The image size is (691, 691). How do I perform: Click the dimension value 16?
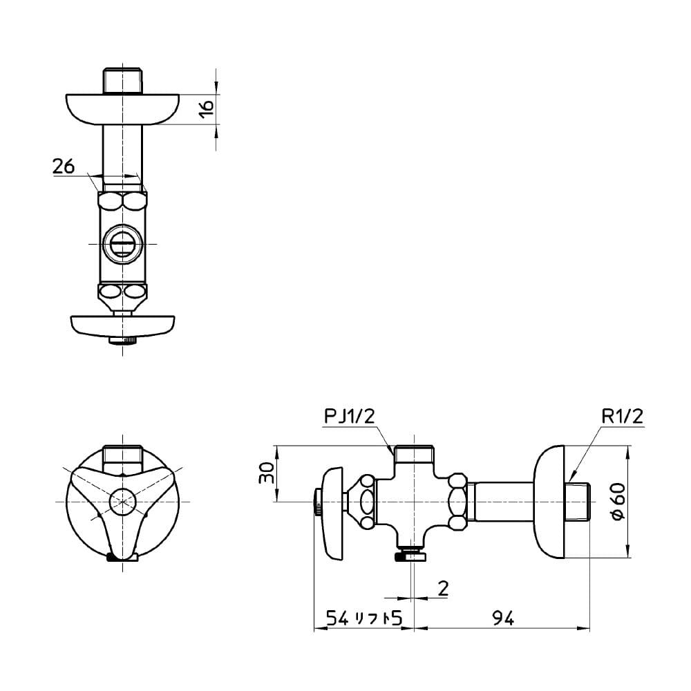tap(206, 108)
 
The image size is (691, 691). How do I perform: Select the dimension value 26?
tap(63, 166)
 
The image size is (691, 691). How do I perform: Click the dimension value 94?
tap(504, 619)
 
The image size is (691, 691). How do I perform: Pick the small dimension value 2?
tap(443, 588)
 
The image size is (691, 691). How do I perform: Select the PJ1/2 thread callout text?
tap(349, 416)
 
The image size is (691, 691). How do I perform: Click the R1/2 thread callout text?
tap(622, 416)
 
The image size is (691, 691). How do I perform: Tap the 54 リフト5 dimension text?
tap(364, 619)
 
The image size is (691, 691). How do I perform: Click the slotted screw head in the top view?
tap(123, 244)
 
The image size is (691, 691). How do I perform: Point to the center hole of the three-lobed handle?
tap(123, 500)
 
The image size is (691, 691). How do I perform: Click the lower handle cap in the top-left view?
tap(123, 326)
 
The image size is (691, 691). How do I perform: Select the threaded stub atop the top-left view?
tap(123, 80)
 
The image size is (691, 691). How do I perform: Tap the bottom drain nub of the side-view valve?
tap(413, 556)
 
